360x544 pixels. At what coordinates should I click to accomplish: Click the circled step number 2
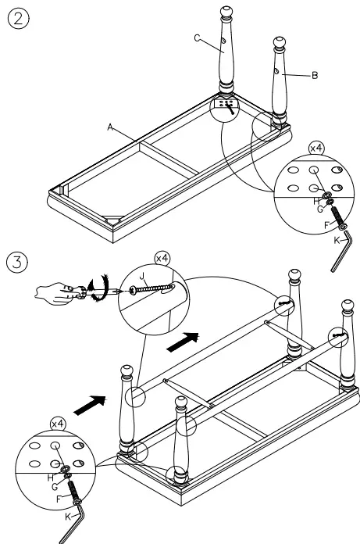point(18,18)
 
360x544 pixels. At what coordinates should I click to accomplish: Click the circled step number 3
point(17,262)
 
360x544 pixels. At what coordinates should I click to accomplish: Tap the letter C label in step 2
point(197,38)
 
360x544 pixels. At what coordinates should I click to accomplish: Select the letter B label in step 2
point(315,75)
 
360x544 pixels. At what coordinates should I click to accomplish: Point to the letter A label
point(110,127)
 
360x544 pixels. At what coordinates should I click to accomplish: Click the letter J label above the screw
point(141,277)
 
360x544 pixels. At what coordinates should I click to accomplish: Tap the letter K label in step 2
point(337,240)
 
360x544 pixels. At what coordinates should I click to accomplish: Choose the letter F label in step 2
point(326,226)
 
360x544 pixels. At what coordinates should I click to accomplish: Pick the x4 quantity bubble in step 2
point(316,149)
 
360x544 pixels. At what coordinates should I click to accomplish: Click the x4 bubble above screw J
point(162,259)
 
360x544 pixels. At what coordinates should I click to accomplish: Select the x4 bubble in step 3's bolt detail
point(59,424)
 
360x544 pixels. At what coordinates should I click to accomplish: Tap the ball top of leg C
point(226,11)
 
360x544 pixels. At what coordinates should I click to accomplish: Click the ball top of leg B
point(280,43)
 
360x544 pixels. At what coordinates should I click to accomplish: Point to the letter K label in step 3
point(68,517)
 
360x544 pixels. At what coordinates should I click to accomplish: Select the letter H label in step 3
point(51,478)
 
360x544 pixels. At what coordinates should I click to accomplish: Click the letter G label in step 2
point(320,209)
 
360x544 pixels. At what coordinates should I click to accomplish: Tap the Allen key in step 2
point(341,251)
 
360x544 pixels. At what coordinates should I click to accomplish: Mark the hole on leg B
point(276,71)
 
